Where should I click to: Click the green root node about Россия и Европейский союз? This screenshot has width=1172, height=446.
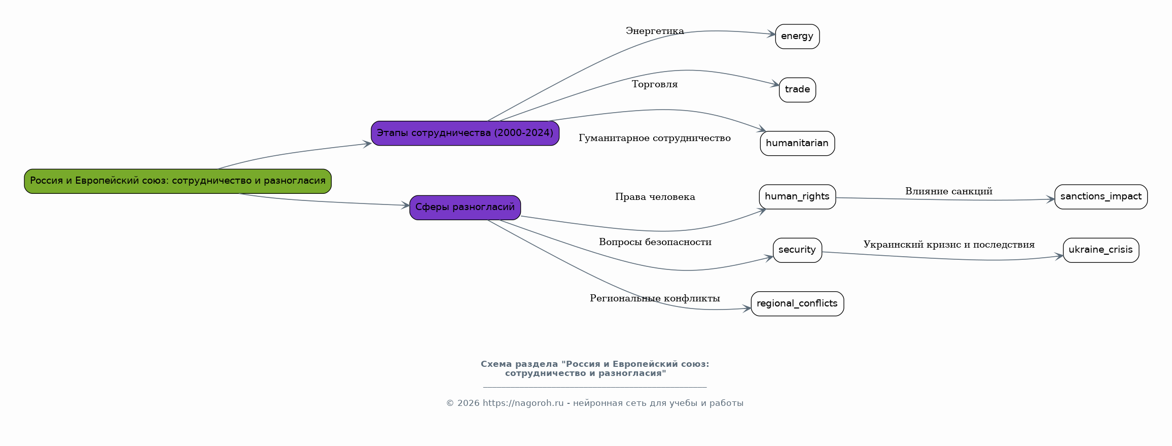(x=177, y=181)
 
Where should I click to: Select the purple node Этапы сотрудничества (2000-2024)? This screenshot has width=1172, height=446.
(x=465, y=133)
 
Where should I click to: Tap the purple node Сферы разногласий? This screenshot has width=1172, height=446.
(x=465, y=208)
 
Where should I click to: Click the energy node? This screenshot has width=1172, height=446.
(x=797, y=37)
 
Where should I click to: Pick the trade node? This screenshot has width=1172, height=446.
(x=797, y=90)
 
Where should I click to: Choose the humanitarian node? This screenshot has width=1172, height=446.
(x=797, y=144)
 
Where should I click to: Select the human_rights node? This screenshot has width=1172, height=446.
(x=797, y=197)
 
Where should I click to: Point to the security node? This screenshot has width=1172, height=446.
(x=797, y=250)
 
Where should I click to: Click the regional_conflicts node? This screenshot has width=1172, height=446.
(x=797, y=304)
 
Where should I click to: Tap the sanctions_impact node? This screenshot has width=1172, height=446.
(x=1100, y=197)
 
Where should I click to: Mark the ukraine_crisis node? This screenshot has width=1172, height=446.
(x=1100, y=250)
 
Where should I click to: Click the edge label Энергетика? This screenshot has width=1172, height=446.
(x=655, y=31)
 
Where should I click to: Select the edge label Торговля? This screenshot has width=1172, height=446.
(x=655, y=85)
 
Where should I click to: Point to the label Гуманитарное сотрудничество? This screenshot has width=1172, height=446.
(x=655, y=139)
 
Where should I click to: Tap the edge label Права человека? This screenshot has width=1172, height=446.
(x=655, y=197)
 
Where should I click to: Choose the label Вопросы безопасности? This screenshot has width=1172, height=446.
(x=655, y=243)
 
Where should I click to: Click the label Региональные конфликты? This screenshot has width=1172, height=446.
(x=655, y=299)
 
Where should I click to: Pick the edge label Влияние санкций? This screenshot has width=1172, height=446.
(x=948, y=192)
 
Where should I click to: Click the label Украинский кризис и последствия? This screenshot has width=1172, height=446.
(x=948, y=245)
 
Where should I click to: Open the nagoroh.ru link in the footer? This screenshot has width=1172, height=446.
(x=523, y=403)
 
